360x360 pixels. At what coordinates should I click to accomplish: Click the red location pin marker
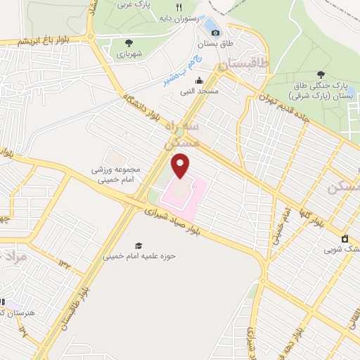click(x=181, y=165)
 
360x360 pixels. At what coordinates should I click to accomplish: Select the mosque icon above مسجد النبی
click(x=200, y=80)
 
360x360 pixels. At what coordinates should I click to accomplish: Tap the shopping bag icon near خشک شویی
click(x=345, y=238)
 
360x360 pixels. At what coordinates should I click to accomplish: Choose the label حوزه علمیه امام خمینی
click(x=139, y=256)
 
